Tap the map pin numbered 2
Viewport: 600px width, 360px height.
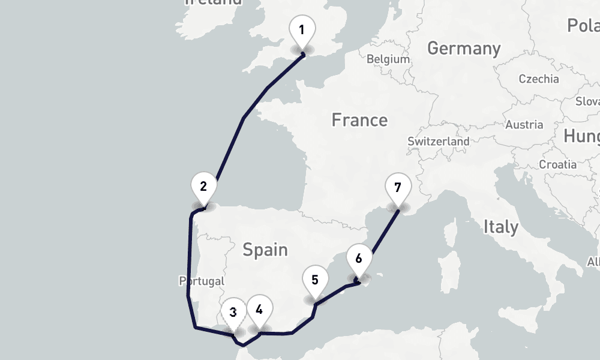click(203, 186)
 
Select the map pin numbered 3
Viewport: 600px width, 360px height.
click(233, 312)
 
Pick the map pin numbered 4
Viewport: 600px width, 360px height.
click(259, 310)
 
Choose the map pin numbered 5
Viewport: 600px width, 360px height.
click(315, 279)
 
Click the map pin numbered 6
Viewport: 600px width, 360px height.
click(359, 259)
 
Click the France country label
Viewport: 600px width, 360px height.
click(359, 120)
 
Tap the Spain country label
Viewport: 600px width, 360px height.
click(265, 250)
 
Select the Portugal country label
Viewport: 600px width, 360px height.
click(202, 281)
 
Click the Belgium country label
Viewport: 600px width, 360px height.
click(388, 59)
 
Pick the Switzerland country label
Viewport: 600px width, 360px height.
click(439, 142)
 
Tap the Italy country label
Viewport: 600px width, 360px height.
click(500, 227)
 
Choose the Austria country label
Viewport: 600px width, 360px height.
click(524, 125)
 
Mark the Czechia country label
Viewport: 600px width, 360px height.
click(538, 79)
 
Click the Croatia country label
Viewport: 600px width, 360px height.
click(558, 164)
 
